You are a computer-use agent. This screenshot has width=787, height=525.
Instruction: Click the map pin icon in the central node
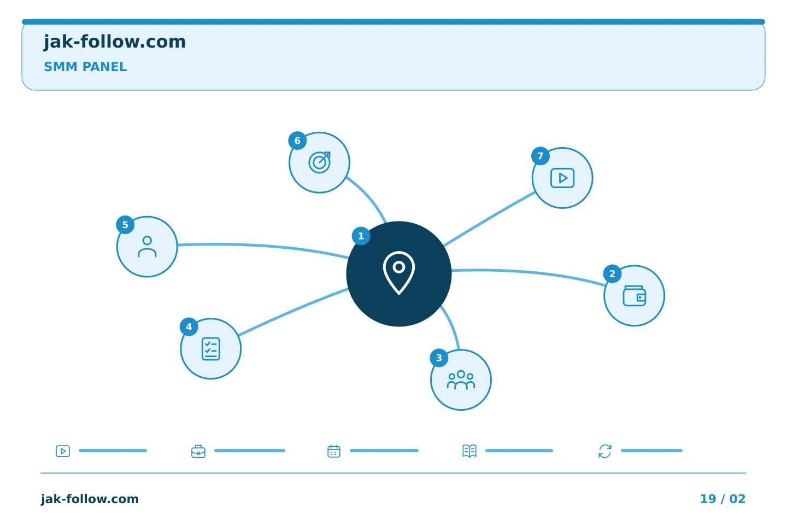coord(399,273)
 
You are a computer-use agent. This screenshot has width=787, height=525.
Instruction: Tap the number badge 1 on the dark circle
coord(361,236)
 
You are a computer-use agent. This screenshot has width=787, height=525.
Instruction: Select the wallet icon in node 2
coord(634,296)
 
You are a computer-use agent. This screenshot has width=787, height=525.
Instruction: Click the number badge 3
coord(439,358)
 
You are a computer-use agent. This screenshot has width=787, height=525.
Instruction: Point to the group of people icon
coord(461,380)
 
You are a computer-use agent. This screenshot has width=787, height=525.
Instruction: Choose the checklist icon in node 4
coord(211,349)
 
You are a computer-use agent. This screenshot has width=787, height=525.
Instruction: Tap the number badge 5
coord(125,225)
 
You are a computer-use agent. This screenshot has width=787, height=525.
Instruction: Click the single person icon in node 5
coord(147,247)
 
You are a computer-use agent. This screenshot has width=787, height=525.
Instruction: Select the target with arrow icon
coord(319,162)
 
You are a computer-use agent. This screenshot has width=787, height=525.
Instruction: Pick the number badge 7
coord(541,156)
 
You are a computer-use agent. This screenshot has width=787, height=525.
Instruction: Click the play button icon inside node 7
coord(562,178)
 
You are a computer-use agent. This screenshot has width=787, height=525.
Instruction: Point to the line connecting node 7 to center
coord(489,219)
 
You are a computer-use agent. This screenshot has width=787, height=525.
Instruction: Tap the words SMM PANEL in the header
coord(85,67)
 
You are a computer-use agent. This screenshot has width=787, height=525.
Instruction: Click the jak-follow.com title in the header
coord(115,42)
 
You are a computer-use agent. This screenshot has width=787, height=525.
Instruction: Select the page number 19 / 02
coord(723,499)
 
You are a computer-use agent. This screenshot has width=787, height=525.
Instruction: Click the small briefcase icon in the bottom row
coord(198,451)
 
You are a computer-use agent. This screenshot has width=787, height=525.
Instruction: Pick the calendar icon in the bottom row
coord(334,451)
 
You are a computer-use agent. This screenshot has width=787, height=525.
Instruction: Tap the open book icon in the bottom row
coord(469,451)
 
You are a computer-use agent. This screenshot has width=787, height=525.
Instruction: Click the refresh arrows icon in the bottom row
coord(605,451)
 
